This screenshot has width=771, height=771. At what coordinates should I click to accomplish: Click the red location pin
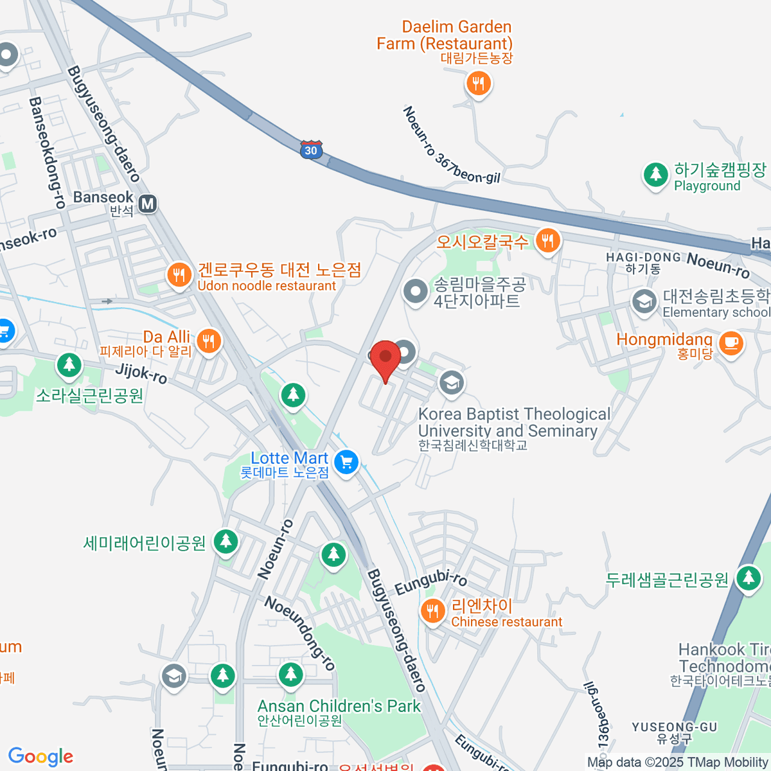(x=385, y=357)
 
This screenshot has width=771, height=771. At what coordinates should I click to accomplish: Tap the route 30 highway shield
(x=311, y=150)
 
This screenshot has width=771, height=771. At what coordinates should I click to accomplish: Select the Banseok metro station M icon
(x=148, y=204)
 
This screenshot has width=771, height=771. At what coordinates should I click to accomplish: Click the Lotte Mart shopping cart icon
(x=346, y=462)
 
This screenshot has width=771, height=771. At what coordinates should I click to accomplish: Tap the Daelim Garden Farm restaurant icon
(x=477, y=83)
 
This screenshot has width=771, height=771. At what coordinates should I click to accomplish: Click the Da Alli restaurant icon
(x=208, y=341)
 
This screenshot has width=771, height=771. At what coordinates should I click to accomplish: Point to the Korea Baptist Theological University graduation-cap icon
(x=452, y=383)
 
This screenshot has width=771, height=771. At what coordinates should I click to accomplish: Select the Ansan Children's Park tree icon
(x=290, y=675)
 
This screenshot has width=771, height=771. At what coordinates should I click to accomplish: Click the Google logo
(x=40, y=756)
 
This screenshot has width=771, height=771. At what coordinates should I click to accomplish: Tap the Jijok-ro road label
(x=141, y=373)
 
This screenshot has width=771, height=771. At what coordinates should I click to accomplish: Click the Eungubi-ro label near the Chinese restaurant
(x=430, y=582)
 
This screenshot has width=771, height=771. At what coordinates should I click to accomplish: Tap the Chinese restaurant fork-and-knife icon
(x=432, y=611)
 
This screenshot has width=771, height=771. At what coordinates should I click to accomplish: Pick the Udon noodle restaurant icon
(x=179, y=275)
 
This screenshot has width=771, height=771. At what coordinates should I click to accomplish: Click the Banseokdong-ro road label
(x=47, y=152)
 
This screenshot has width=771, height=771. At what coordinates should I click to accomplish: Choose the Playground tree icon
(x=655, y=173)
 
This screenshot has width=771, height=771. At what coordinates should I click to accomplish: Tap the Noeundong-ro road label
(x=300, y=634)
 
